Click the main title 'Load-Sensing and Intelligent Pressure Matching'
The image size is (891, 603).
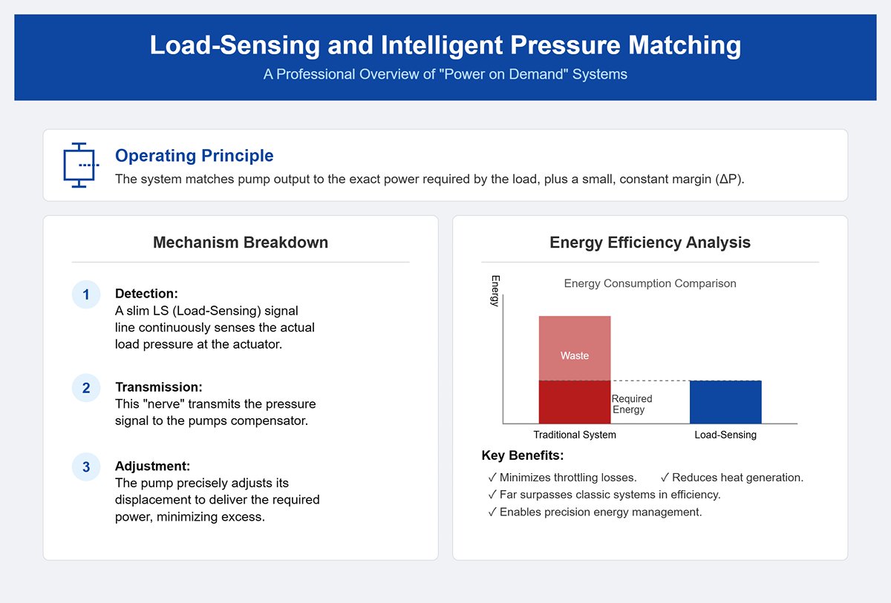click(446, 45)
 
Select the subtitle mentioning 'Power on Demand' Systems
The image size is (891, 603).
click(446, 74)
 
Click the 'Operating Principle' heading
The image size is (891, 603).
click(195, 156)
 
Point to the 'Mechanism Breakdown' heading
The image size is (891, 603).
click(241, 243)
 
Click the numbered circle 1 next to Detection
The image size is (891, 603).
click(86, 295)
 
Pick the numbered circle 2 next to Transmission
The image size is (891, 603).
click(86, 388)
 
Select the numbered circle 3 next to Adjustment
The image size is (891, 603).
click(86, 467)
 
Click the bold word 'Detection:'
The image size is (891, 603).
click(146, 294)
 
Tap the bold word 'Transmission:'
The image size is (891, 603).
click(158, 387)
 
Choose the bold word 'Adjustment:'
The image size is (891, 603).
click(152, 466)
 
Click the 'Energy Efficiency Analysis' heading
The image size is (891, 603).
click(650, 243)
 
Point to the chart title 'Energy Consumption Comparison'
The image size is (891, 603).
click(650, 283)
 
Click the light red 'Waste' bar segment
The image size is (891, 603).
click(575, 348)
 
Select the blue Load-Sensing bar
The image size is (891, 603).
click(725, 402)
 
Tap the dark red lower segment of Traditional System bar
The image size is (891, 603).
click(575, 403)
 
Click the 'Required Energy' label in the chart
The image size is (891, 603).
click(631, 404)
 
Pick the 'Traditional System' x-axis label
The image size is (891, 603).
click(575, 435)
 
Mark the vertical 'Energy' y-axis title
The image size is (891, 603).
click(495, 290)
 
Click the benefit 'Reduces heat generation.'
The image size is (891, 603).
click(731, 478)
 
